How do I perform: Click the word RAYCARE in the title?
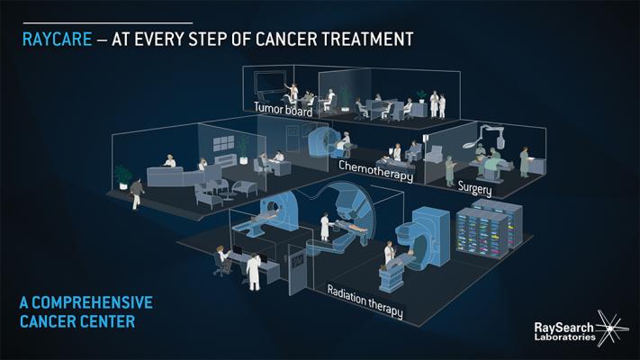57,40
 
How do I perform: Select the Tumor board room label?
284,110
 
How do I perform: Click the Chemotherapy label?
376,171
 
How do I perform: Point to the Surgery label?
474,188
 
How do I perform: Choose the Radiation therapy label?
365,301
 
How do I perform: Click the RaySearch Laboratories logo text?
564,331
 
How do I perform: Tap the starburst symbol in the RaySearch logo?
610,328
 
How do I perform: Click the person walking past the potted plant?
137,193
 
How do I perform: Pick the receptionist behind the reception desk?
169,161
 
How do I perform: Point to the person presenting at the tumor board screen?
293,92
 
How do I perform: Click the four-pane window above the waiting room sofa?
224,143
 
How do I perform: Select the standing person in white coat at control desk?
254,272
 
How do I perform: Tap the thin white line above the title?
108,23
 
